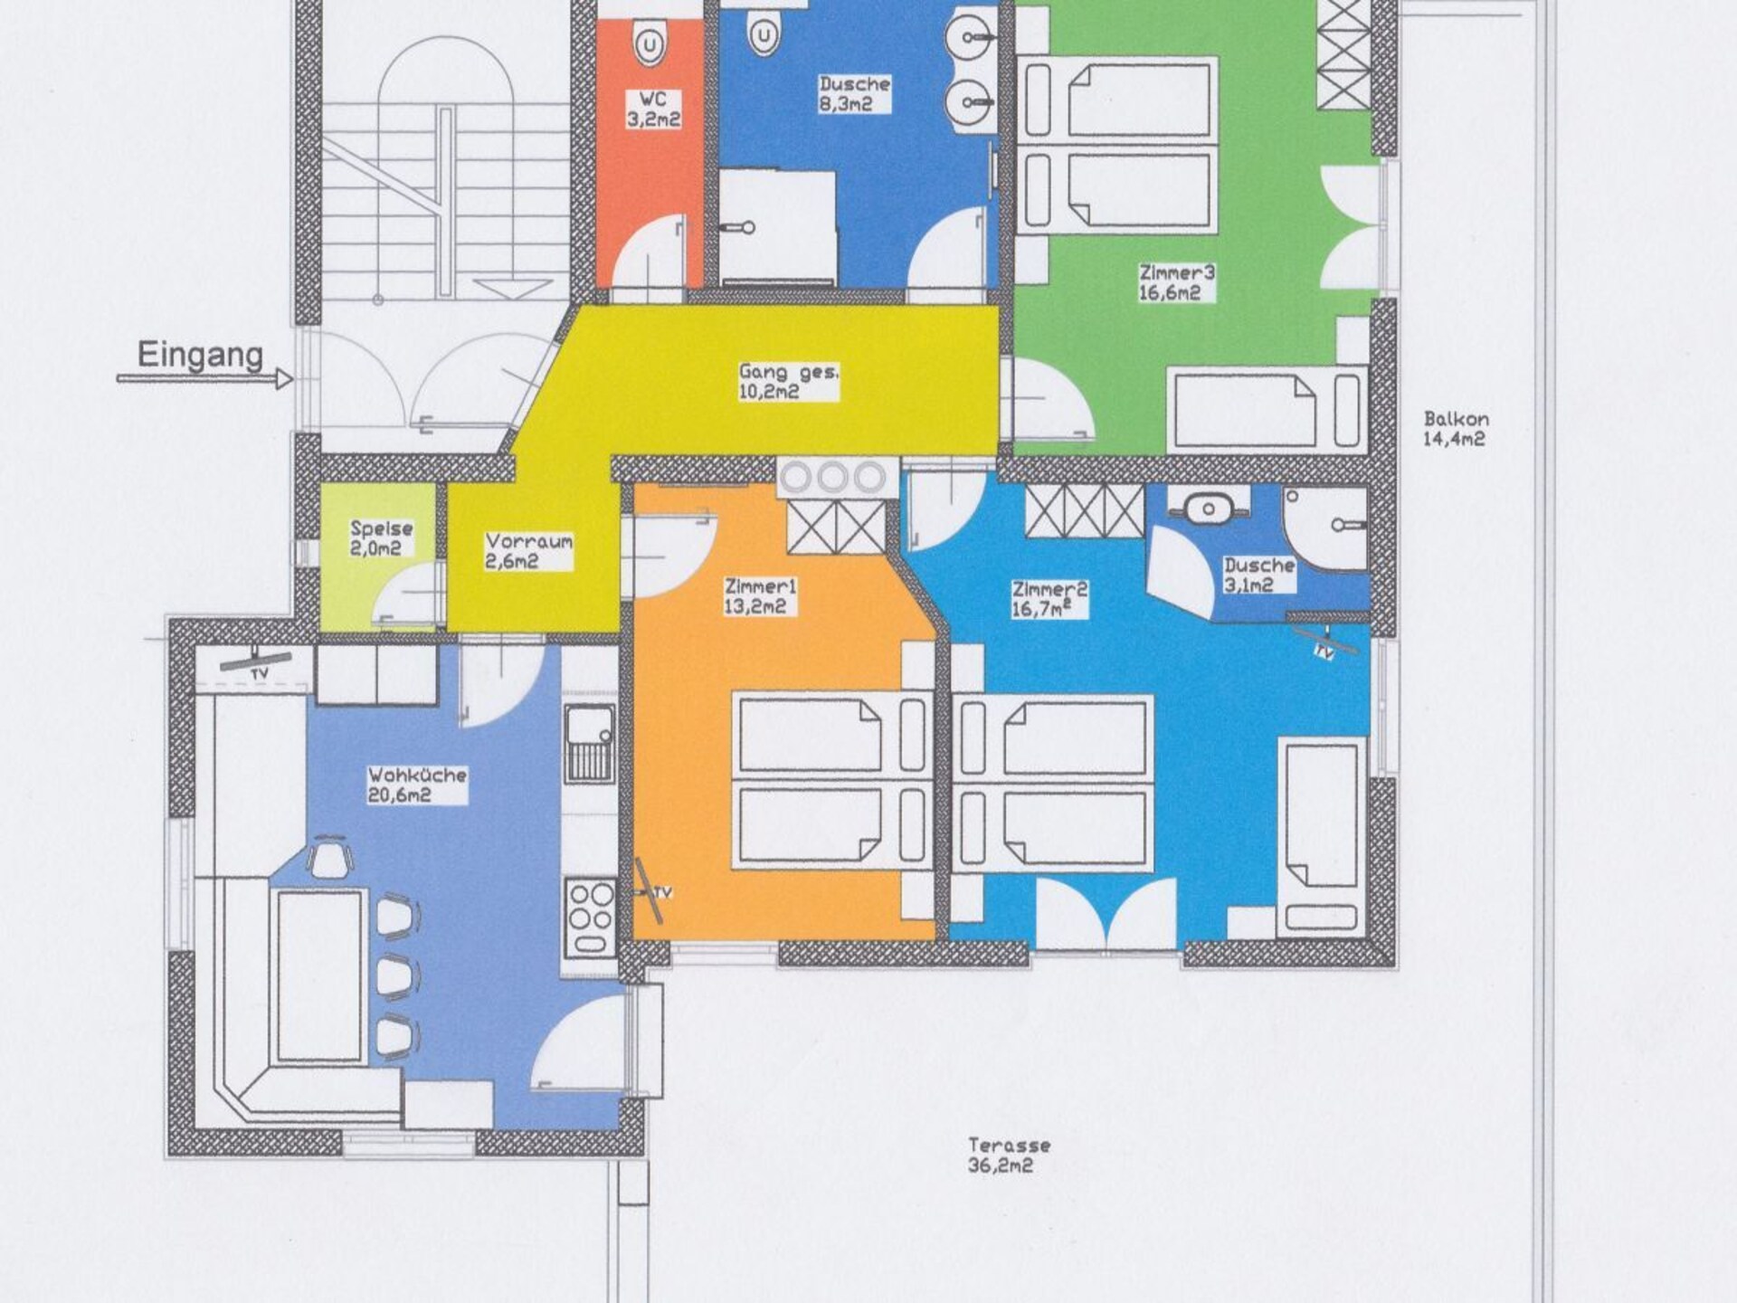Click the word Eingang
coord(200,356)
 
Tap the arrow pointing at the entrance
coord(204,380)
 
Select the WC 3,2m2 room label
coord(652,109)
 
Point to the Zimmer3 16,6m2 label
coord(1176,282)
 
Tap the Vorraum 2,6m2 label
coord(528,551)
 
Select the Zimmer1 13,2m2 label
coord(760,597)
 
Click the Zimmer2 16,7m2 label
coord(1049,599)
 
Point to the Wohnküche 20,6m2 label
coord(417,785)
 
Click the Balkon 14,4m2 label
coord(1456,429)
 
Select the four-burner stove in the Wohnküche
coord(590,917)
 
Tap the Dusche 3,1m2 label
coord(1258,575)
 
